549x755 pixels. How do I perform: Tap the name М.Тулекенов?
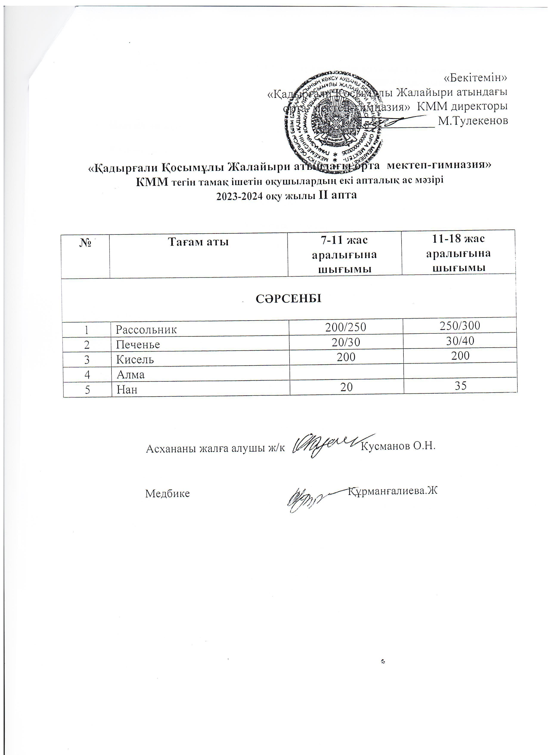[x=473, y=121]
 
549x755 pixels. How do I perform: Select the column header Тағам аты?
[x=198, y=242]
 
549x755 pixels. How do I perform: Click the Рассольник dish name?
[x=146, y=330]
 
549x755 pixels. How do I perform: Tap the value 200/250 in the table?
[x=346, y=327]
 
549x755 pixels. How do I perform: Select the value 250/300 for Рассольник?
[x=460, y=325]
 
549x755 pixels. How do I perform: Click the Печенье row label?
[x=138, y=344]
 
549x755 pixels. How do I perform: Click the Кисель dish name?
[x=135, y=359]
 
